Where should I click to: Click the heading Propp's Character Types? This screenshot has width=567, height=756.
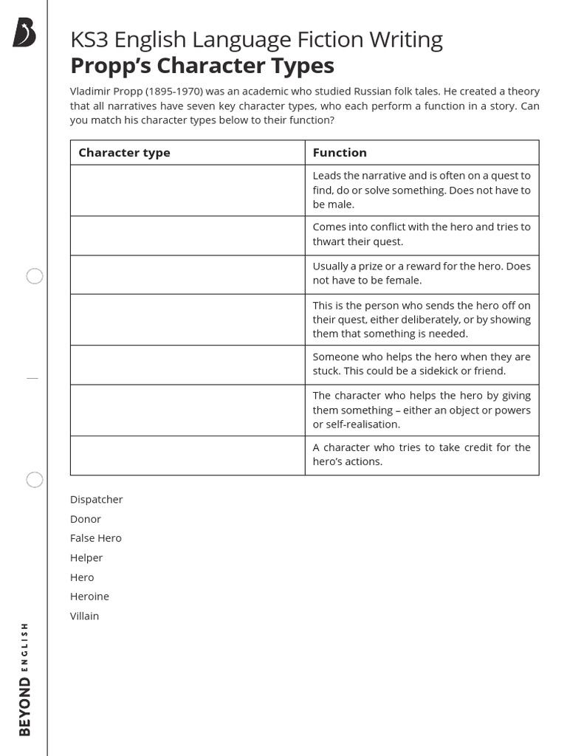click(202, 66)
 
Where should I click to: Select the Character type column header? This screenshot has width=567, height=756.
click(124, 153)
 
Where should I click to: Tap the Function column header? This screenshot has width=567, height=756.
click(340, 153)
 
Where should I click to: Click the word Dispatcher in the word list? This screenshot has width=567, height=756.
click(96, 500)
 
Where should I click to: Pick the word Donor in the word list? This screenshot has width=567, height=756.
click(86, 519)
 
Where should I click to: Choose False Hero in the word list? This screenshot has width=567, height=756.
click(96, 538)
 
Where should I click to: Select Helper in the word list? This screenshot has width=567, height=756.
click(86, 558)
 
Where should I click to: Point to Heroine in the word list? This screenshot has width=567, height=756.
click(89, 597)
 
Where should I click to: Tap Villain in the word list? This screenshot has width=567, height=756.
click(84, 616)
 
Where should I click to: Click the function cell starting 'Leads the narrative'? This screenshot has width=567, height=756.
click(421, 190)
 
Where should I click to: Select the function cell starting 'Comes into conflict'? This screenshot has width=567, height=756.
click(421, 235)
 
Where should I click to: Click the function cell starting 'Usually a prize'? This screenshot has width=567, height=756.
click(421, 274)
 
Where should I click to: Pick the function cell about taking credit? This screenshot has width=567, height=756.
click(421, 455)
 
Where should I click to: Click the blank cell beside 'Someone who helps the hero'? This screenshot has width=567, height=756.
click(188, 365)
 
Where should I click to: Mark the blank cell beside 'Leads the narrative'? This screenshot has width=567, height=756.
click(188, 190)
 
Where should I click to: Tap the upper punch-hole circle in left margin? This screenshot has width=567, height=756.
click(35, 276)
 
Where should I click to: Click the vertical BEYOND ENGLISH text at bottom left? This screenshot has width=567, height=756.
click(26, 679)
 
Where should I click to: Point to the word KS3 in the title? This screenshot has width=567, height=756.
click(89, 39)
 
